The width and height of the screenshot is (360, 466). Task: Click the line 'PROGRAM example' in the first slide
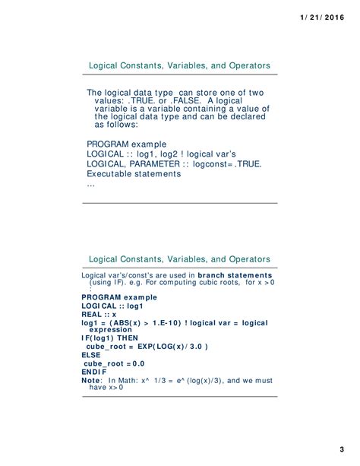pyautogui.click(x=126, y=144)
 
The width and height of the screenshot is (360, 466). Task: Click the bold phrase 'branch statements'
pyautogui.click(x=234, y=274)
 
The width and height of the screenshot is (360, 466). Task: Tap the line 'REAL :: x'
pyautogui.click(x=99, y=313)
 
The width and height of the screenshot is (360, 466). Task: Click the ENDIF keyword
pyautogui.click(x=94, y=371)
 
